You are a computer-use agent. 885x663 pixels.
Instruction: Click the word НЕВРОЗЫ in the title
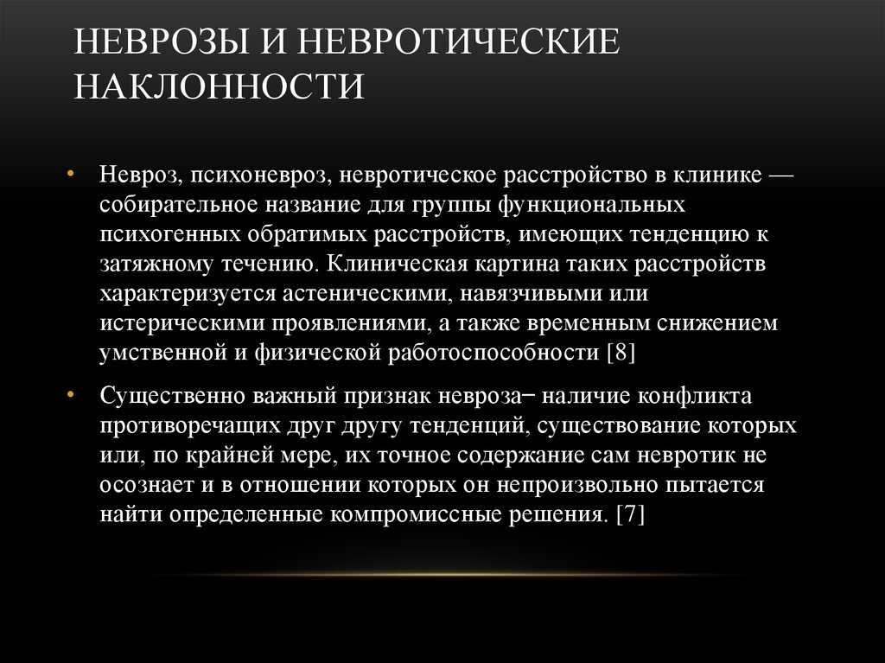162,41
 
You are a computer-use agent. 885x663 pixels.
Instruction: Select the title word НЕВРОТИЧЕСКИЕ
458,41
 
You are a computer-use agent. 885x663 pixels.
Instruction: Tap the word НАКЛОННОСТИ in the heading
219,86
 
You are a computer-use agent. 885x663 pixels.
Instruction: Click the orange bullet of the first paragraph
71,174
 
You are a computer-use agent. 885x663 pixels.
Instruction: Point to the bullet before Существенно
71,395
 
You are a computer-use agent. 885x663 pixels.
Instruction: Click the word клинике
717,175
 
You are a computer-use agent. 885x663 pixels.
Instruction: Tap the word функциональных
591,205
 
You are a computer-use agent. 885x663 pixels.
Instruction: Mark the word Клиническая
397,264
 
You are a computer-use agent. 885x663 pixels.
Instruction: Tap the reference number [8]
621,353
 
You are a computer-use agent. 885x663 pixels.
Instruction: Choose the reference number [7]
630,514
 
